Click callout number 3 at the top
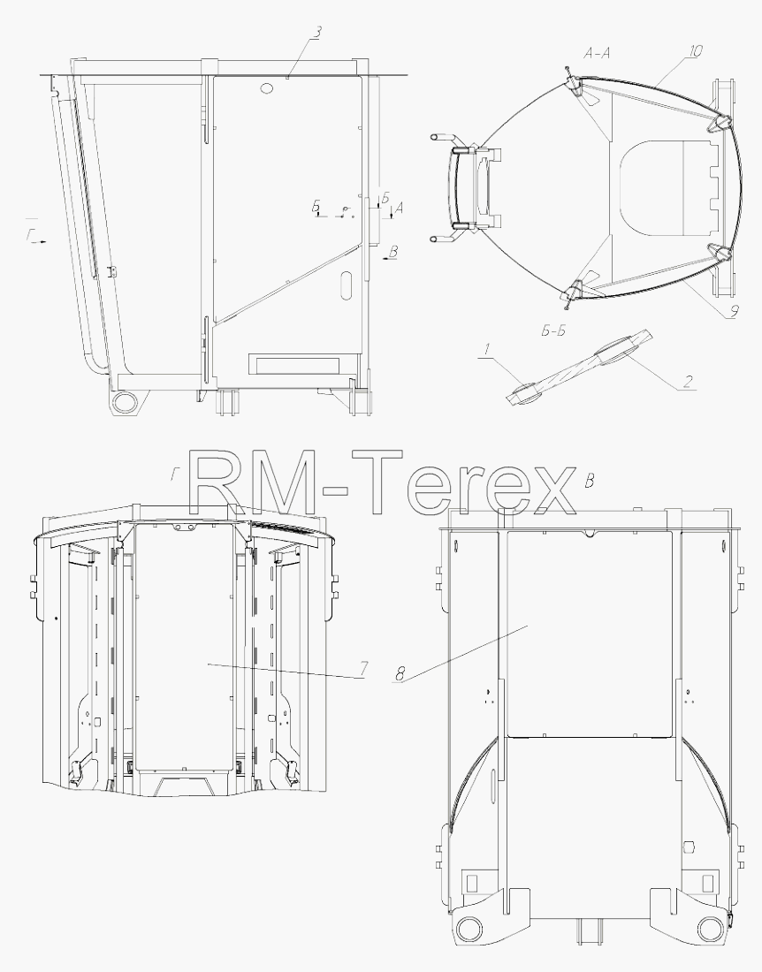point(316,33)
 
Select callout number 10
point(695,51)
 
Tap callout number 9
point(733,311)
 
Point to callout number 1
point(487,350)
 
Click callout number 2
point(687,382)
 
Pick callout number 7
point(364,669)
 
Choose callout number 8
point(400,673)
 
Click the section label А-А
point(597,54)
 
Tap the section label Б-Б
point(553,331)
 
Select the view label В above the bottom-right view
point(591,481)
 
